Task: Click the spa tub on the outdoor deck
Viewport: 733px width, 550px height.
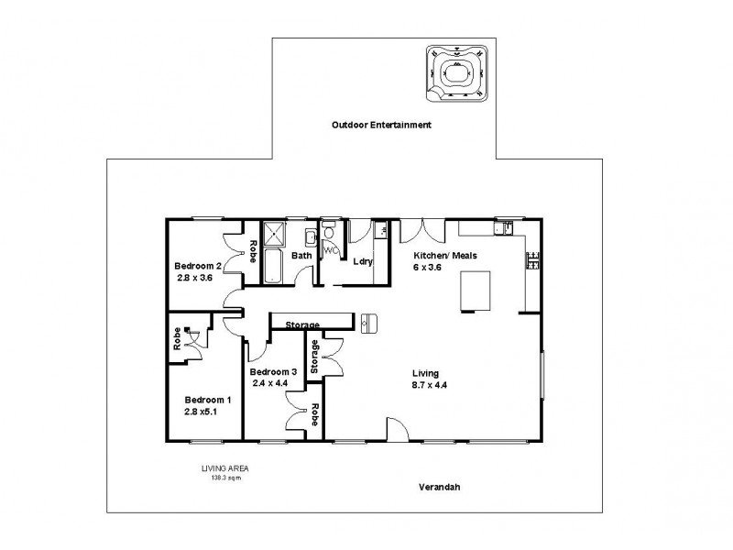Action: click(454, 71)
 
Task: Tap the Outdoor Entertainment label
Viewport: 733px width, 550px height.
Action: click(381, 125)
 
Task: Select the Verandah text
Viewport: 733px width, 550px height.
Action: click(441, 488)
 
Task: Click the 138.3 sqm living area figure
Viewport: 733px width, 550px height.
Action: click(224, 477)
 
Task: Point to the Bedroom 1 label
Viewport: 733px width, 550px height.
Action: click(208, 400)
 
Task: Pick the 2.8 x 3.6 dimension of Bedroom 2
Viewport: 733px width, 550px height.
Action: click(193, 278)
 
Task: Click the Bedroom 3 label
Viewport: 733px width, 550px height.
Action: click(273, 371)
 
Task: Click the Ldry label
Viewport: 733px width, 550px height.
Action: click(363, 261)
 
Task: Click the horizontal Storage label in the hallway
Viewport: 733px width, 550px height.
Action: click(302, 324)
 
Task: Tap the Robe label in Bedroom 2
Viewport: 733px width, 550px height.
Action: click(253, 250)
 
